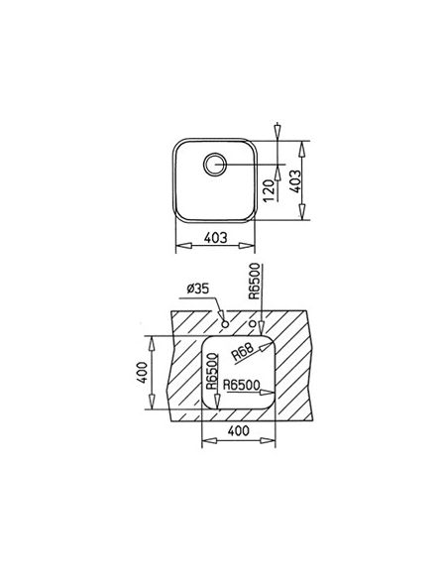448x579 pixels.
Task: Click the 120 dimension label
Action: (x=271, y=190)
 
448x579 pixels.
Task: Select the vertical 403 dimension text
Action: (x=294, y=181)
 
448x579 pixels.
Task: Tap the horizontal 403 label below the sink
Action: (x=216, y=237)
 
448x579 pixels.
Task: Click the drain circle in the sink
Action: (x=215, y=164)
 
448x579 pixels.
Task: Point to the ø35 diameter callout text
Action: (x=198, y=289)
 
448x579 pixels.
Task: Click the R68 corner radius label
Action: (x=243, y=352)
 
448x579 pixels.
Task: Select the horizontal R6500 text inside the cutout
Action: (x=241, y=385)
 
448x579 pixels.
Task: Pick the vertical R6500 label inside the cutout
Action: (x=212, y=371)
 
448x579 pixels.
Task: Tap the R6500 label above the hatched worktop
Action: (x=255, y=282)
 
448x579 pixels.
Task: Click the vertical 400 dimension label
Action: (x=143, y=373)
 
